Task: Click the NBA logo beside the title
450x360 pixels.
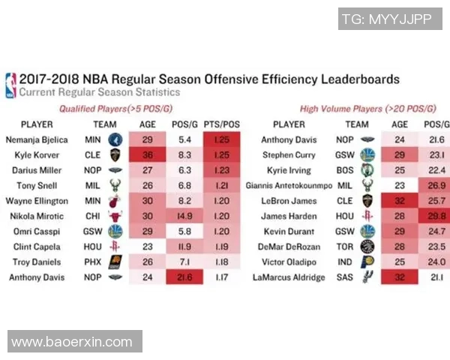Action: pos(10,85)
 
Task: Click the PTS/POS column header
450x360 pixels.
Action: pos(221,124)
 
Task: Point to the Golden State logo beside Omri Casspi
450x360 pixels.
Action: pos(115,232)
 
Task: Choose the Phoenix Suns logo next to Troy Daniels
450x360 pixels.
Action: pos(115,262)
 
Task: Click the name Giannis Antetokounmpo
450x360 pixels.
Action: pos(289,186)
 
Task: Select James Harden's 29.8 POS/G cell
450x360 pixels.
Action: pos(436,217)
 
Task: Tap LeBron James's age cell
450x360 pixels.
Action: pos(400,201)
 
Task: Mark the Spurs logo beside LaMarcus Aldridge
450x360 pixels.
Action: pos(367,277)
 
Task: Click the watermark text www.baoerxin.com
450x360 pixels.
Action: pos(73,342)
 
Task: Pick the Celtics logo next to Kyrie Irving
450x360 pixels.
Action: pos(367,171)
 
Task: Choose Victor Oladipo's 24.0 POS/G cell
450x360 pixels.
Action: pos(436,262)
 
